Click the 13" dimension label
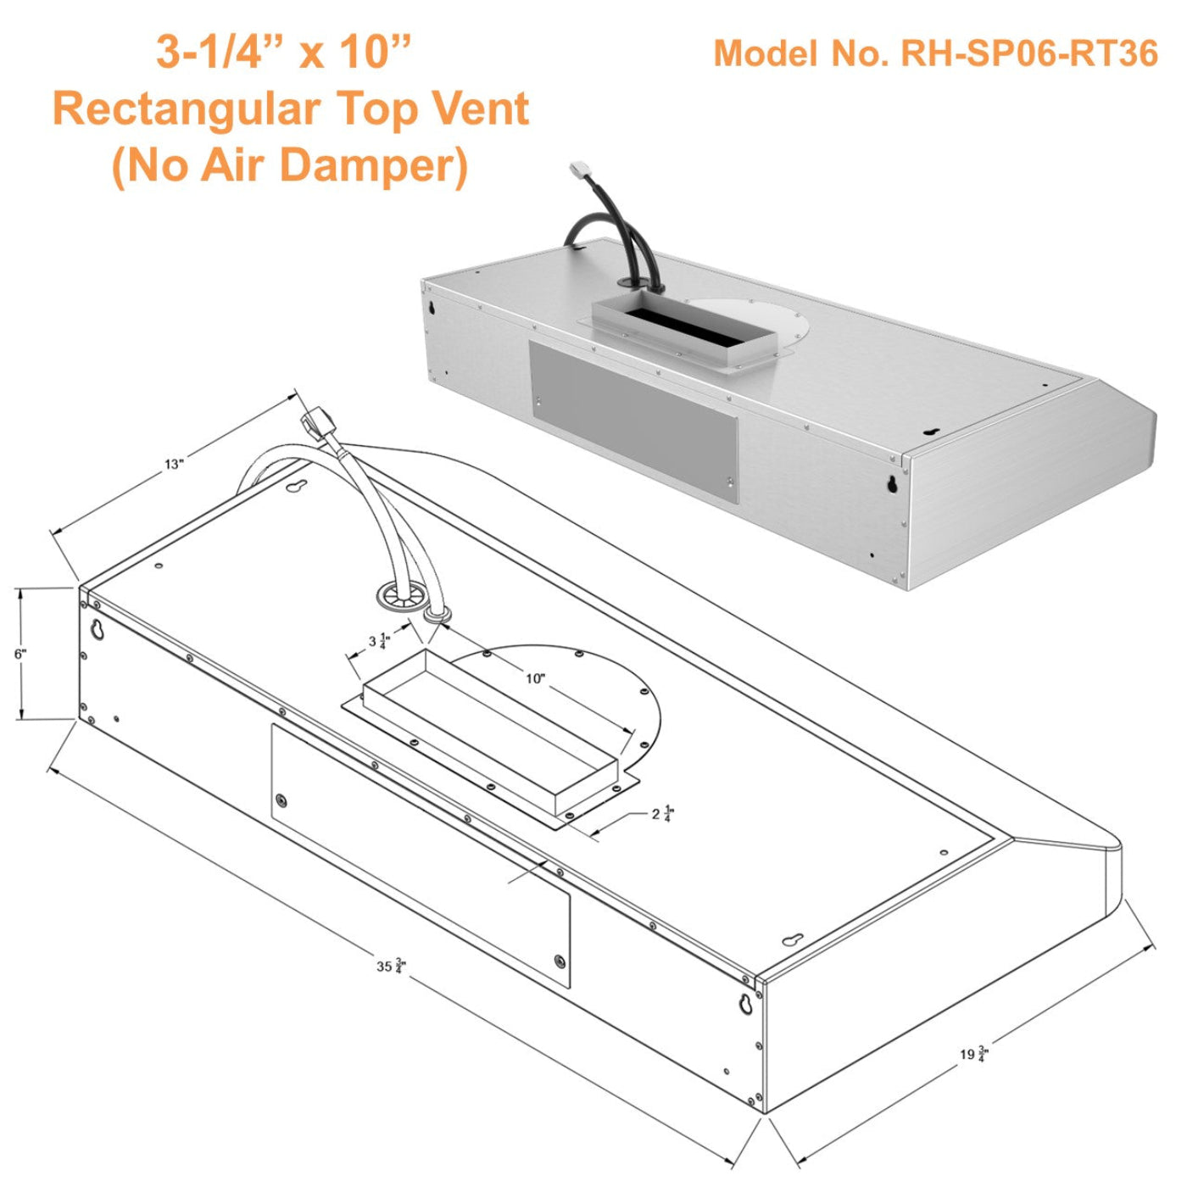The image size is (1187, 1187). click(174, 464)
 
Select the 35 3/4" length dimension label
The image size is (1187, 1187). click(391, 966)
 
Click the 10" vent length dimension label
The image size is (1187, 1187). click(535, 678)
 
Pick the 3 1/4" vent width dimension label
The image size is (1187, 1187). click(378, 642)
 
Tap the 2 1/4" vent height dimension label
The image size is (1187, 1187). click(662, 815)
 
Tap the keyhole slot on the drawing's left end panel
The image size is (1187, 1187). click(98, 630)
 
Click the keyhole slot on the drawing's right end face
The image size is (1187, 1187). click(746, 1003)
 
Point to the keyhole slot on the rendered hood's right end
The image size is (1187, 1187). click(892, 484)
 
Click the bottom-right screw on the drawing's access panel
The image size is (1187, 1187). click(559, 961)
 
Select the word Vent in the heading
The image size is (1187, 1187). click(481, 109)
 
